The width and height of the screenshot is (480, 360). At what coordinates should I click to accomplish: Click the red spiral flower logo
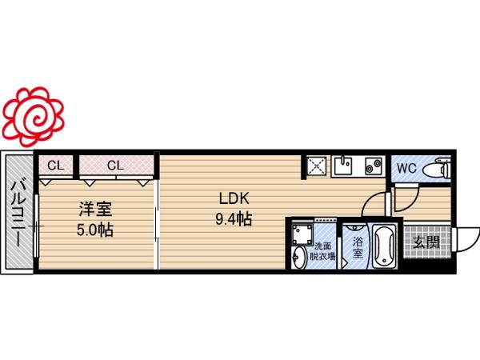pyautogui.click(x=34, y=117)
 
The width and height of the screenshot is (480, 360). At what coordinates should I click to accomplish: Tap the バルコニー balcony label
pyautogui.click(x=17, y=214)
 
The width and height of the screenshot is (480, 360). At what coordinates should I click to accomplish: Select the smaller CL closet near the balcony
pyautogui.click(x=55, y=166)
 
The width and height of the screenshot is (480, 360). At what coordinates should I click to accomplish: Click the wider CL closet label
pyautogui.click(x=115, y=166)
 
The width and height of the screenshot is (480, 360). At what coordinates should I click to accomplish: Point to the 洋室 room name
pyautogui.click(x=95, y=209)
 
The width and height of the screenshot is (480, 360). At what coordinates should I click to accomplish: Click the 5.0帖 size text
pyautogui.click(x=95, y=230)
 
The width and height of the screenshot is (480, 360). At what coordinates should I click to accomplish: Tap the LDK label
pyautogui.click(x=234, y=198)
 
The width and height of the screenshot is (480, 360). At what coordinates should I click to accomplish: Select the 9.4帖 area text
pyautogui.click(x=234, y=219)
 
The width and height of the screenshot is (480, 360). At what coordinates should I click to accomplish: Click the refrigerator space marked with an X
pyautogui.click(x=316, y=166)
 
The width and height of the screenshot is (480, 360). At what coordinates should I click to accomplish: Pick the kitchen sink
pyautogui.click(x=343, y=166)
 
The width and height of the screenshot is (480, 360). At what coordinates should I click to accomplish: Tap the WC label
pyautogui.click(x=406, y=168)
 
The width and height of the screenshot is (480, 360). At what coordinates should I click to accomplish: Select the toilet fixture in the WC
pyautogui.click(x=436, y=169)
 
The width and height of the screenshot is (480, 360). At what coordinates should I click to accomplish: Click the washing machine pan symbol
pyautogui.click(x=302, y=234)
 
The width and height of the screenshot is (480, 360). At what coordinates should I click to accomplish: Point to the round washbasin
pyautogui.click(x=298, y=257)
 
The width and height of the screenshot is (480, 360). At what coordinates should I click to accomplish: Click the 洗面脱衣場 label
pyautogui.click(x=322, y=251)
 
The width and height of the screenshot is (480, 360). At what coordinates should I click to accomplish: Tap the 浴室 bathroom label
pyautogui.click(x=358, y=247)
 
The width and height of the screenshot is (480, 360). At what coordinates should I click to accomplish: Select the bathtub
pyautogui.click(x=384, y=246)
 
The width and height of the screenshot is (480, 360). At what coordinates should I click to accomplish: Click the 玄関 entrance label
pyautogui.click(x=426, y=242)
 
